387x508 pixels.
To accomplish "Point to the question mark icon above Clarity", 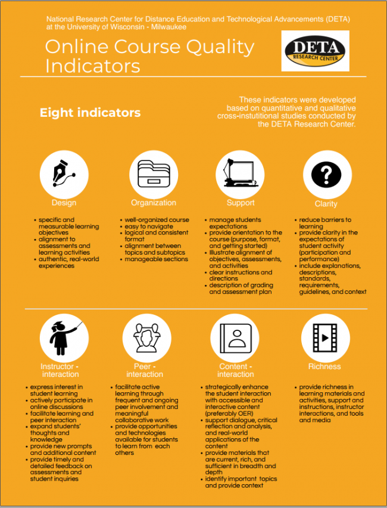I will point(326,175).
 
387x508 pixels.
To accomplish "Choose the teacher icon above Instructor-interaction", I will point(60,337).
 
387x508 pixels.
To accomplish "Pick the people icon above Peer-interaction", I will point(145,337).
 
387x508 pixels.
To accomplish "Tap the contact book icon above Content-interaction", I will point(235,337).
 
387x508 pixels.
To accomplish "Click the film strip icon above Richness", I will point(324,337).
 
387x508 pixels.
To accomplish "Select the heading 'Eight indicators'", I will point(90,113).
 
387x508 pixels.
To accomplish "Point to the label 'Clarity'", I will point(326,204).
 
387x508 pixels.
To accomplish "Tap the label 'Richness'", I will point(324,366).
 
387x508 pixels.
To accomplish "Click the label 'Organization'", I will point(154,203).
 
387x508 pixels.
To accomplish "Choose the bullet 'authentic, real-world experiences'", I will point(68,262).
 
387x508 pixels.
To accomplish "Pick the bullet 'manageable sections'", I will point(155,259).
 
